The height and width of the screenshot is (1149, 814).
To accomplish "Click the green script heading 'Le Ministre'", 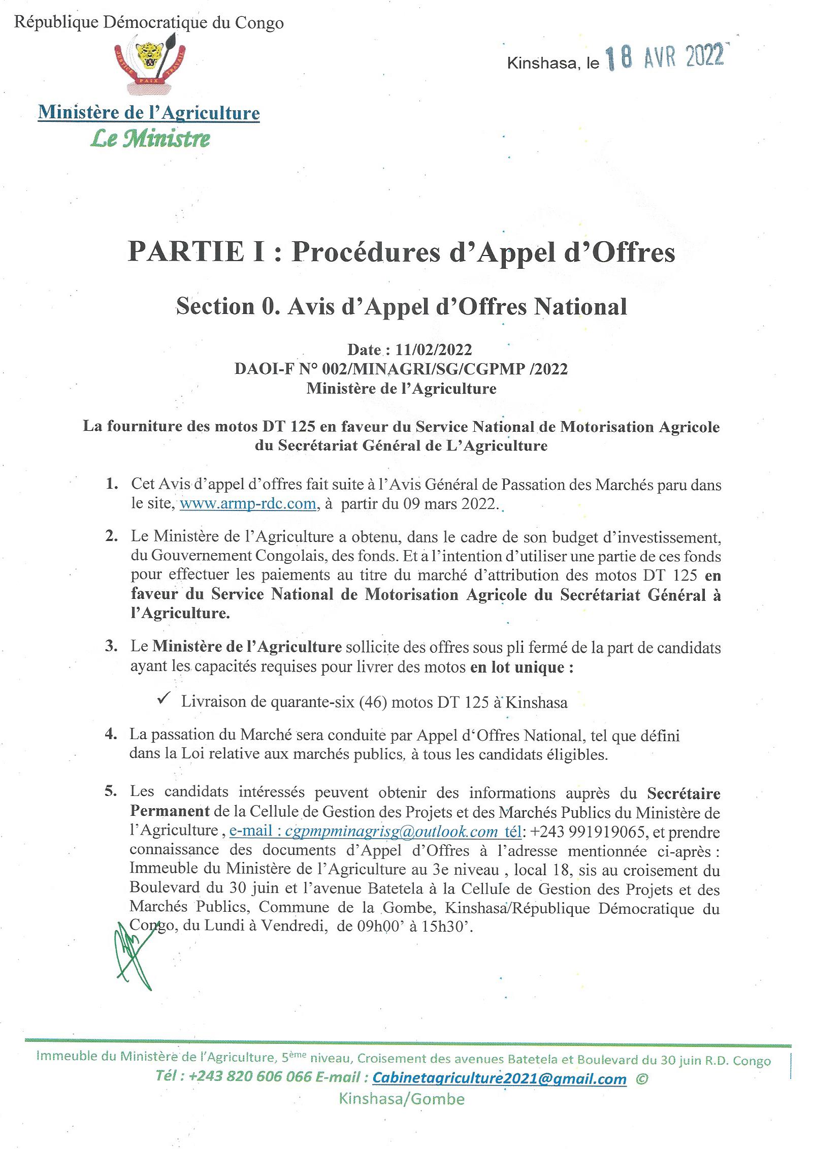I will pyautogui.click(x=150, y=139).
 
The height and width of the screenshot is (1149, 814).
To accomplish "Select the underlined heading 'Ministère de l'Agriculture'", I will pyautogui.click(x=149, y=113).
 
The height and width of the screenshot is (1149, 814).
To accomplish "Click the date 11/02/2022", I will pyautogui.click(x=434, y=349).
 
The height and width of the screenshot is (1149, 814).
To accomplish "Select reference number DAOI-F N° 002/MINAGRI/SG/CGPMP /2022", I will pyautogui.click(x=401, y=369).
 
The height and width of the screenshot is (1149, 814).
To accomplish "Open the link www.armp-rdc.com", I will pyautogui.click(x=248, y=504).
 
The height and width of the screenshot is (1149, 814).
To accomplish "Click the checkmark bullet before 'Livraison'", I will pyautogui.click(x=164, y=699).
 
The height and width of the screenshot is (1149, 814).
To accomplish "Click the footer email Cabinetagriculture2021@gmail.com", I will pyautogui.click(x=499, y=1078).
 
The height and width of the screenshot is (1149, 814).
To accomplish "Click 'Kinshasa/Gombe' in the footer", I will pyautogui.click(x=401, y=1099).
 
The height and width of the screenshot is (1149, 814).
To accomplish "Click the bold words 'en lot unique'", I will pyautogui.click(x=522, y=667).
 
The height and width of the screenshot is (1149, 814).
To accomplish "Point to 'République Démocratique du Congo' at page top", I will pyautogui.click(x=149, y=23).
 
